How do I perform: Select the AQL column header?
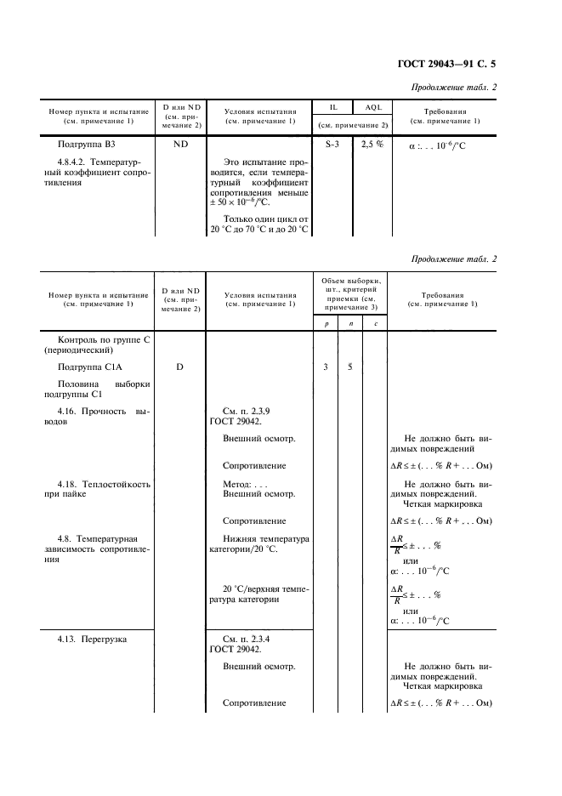tap(373, 109)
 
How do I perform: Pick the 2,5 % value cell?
tap(372, 145)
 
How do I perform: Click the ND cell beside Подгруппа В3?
tap(181, 145)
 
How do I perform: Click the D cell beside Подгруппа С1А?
tap(180, 367)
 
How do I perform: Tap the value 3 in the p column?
tap(326, 367)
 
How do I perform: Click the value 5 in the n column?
tap(350, 367)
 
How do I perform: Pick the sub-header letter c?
tap(376, 324)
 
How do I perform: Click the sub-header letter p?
tap(326, 324)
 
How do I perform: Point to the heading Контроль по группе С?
tap(99, 339)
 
